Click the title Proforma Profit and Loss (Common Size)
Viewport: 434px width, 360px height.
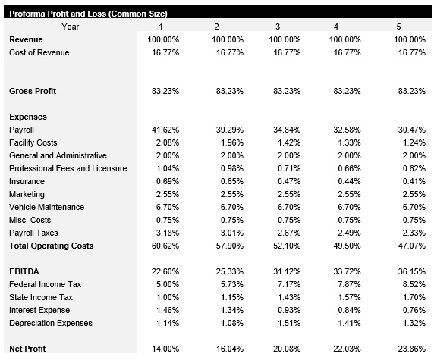tap(88, 14)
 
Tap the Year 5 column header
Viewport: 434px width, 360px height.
tap(398, 27)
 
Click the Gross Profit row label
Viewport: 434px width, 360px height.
tap(33, 91)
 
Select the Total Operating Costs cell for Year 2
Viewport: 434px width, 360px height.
tap(227, 246)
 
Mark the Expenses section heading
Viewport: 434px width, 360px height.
tap(28, 117)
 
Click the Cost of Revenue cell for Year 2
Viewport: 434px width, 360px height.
tap(227, 52)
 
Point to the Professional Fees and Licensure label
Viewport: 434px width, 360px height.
tap(68, 168)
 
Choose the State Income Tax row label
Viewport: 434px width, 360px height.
tap(40, 297)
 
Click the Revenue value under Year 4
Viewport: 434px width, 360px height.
tap(347, 39)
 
